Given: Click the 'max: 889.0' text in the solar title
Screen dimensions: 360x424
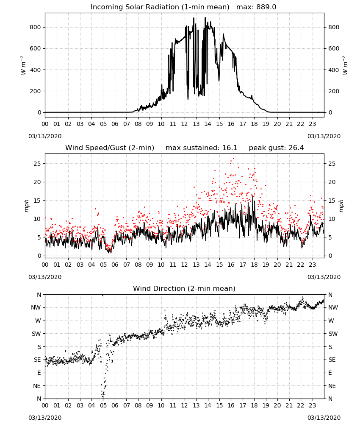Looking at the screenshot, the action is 256,7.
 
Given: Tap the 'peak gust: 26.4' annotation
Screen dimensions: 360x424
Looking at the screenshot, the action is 276,148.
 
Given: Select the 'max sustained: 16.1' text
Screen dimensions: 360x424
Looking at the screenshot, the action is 202,148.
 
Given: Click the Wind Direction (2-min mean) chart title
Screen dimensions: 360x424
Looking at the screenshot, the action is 184,288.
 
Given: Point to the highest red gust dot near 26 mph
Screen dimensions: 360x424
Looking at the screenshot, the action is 234,159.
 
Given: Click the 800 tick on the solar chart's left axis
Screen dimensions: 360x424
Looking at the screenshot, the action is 36,27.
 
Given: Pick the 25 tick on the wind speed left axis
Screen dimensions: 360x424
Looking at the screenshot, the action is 37,164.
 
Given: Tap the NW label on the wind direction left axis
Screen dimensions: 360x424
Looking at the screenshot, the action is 36,308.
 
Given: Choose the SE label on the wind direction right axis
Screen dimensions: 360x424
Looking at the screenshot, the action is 332,360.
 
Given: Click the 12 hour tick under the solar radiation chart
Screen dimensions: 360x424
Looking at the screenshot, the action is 184,124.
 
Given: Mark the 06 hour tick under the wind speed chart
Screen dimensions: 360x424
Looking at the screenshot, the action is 115,265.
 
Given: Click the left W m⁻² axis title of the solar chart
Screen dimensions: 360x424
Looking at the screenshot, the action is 23,65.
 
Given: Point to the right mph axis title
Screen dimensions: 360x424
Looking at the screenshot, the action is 341,206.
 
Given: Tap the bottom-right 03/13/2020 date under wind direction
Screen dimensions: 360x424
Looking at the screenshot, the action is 324,418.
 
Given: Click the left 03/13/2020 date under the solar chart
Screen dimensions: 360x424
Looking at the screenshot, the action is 45,136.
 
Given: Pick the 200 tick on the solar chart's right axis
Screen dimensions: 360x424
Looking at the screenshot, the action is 334,92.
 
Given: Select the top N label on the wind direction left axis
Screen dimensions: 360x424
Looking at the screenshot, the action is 39,295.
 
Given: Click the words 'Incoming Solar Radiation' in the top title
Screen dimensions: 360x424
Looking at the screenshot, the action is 135,7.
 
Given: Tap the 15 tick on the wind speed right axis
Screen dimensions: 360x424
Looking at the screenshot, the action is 332,201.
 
